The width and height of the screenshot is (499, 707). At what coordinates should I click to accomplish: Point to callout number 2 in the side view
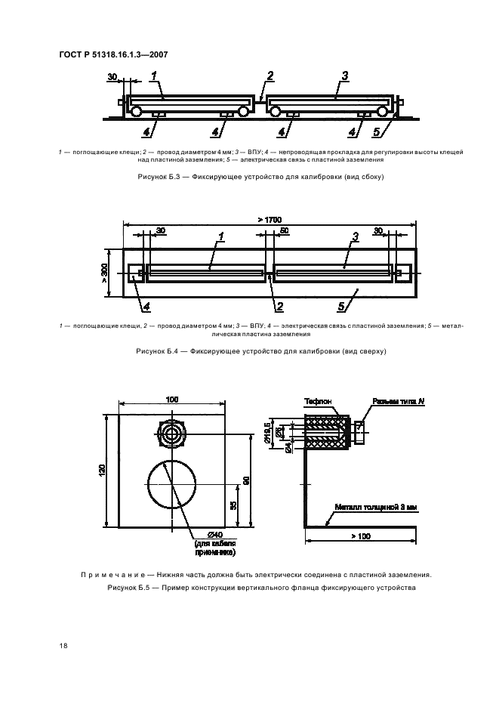pyautogui.click(x=270, y=76)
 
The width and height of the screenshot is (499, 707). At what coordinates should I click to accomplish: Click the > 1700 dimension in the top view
pyautogui.click(x=269, y=219)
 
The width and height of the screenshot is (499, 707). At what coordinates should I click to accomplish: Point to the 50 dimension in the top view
pyautogui.click(x=284, y=232)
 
